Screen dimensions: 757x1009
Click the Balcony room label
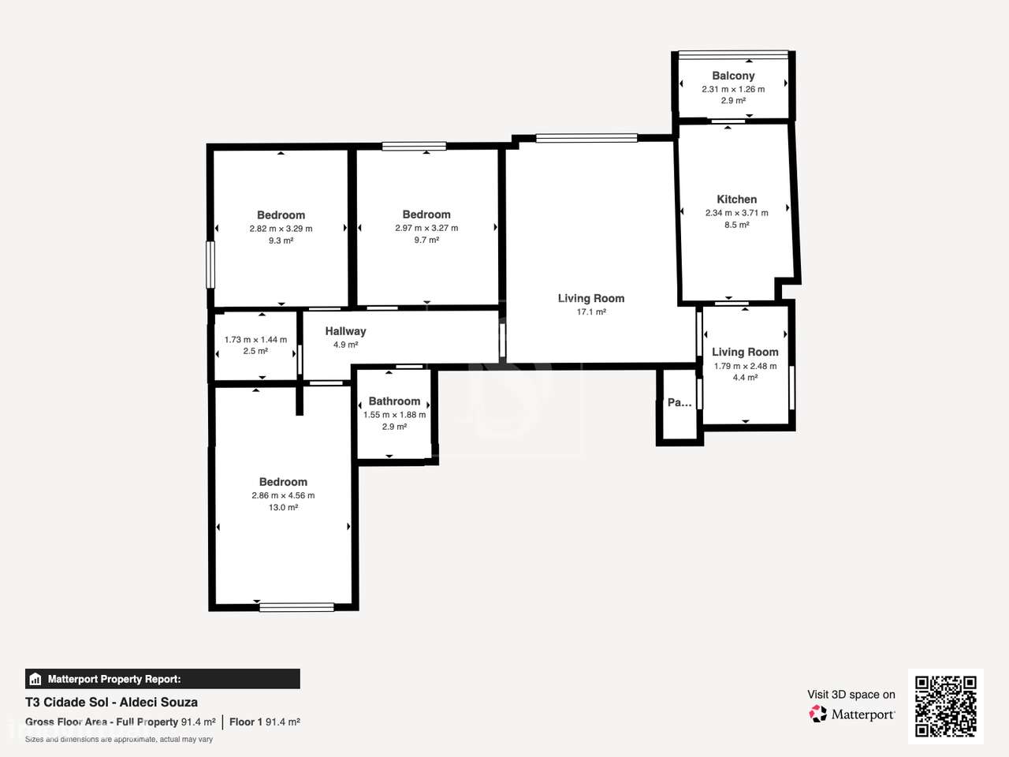pyautogui.click(x=733, y=76)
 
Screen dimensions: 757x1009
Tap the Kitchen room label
pyautogui.click(x=736, y=200)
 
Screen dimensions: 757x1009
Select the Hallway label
pyautogui.click(x=345, y=331)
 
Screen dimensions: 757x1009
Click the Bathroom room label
pyautogui.click(x=394, y=401)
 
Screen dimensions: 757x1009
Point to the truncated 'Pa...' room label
pyautogui.click(x=679, y=402)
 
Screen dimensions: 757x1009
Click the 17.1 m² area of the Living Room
pyautogui.click(x=591, y=312)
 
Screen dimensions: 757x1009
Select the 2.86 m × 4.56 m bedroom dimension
pyautogui.click(x=283, y=495)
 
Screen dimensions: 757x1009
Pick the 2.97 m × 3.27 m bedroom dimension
pyautogui.click(x=426, y=228)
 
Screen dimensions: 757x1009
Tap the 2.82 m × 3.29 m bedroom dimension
pyautogui.click(x=281, y=229)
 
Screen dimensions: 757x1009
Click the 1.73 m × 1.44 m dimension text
pyautogui.click(x=255, y=340)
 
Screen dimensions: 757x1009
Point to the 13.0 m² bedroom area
pyautogui.click(x=283, y=508)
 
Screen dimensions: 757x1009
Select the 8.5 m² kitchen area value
pyautogui.click(x=736, y=225)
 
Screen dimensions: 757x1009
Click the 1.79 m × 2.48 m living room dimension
pyautogui.click(x=745, y=366)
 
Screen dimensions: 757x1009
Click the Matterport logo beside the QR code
pyautogui.click(x=851, y=714)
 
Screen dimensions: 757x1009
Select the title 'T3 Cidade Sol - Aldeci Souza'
pyautogui.click(x=111, y=702)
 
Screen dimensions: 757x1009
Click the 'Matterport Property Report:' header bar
pyautogui.click(x=162, y=679)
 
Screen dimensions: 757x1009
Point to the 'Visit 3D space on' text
pyautogui.click(x=851, y=695)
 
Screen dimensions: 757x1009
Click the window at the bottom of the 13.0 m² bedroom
pyautogui.click(x=296, y=606)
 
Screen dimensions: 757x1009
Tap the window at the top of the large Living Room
pyautogui.click(x=586, y=138)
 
